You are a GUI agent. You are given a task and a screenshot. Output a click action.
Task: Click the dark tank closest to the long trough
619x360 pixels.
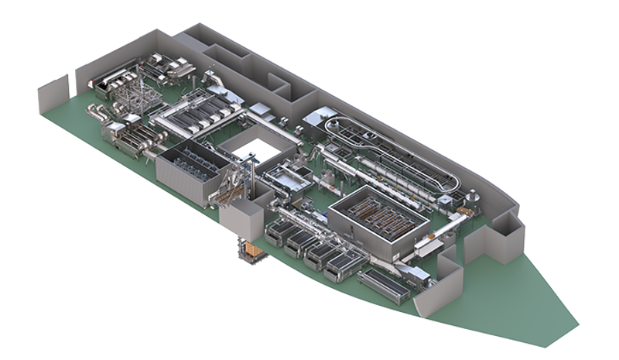coord(340,268)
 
